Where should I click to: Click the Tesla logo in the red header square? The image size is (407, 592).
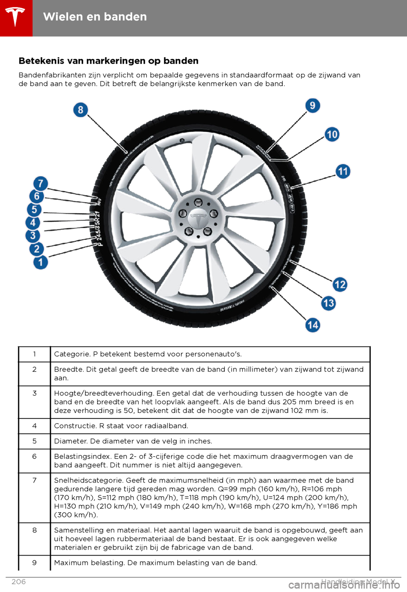16,17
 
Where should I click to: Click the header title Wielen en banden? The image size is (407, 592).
95,17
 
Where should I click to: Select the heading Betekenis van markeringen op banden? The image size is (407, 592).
109,61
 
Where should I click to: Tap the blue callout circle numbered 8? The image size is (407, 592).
81,110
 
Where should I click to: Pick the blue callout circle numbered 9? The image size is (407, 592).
312,105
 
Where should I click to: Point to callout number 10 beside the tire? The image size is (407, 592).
332,134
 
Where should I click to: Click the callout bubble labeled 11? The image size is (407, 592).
343,171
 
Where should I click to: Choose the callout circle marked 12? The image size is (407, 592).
340,284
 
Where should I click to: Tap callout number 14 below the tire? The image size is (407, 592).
313,325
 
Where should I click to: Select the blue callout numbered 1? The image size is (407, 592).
41,262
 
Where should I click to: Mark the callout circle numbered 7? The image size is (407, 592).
41,184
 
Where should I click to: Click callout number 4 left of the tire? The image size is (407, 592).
33,223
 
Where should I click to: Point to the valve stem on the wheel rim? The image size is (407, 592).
182,140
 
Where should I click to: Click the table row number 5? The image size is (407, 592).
34,441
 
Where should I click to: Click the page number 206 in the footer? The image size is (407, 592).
19,581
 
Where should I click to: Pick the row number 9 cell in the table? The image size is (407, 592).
34,563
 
